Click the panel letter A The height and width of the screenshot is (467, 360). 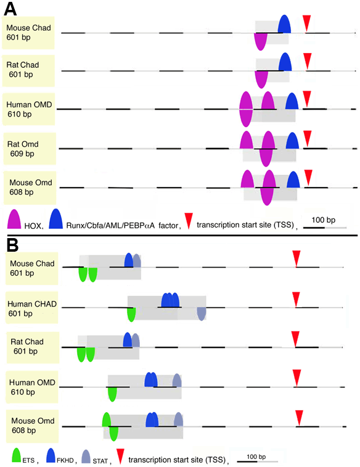click(x=10, y=9)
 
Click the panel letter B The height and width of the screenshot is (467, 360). click(x=12, y=245)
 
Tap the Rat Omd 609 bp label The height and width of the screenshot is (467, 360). click(x=23, y=149)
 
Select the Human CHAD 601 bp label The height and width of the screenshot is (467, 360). click(x=32, y=308)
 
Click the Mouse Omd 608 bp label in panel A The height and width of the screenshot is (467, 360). click(x=30, y=188)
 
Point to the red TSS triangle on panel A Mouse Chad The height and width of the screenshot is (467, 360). click(x=306, y=23)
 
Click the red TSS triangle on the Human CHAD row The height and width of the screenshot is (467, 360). click(x=296, y=299)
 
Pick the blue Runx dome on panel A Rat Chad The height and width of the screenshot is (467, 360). click(x=285, y=62)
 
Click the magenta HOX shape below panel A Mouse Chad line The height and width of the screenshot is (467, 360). click(x=260, y=41)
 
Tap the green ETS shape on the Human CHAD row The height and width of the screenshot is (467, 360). click(x=131, y=315)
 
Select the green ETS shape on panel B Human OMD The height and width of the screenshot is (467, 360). click(x=112, y=394)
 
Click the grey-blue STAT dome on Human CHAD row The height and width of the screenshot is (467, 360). click(x=202, y=314)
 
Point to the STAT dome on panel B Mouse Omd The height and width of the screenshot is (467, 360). click(x=178, y=419)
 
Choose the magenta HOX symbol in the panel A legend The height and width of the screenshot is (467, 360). click(x=14, y=219)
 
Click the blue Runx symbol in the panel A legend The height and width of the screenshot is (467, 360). click(x=56, y=218)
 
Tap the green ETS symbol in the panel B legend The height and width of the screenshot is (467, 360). click(x=16, y=455)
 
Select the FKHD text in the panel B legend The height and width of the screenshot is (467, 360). click(x=65, y=460)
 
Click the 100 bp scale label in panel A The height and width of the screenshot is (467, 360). click(x=324, y=220)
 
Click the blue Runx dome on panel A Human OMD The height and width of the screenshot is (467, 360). click(x=292, y=101)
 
